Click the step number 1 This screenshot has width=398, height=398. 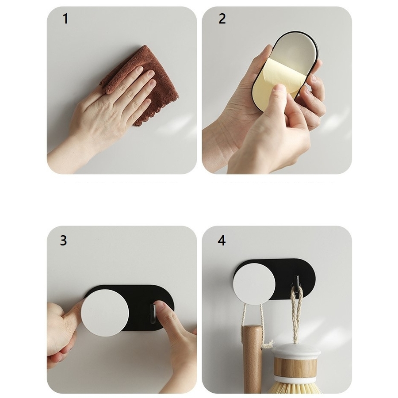(x=65, y=19)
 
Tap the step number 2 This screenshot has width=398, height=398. (x=222, y=19)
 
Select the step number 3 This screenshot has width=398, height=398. (x=63, y=241)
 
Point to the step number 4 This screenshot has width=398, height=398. (x=222, y=241)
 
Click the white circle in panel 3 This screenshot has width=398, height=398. (x=105, y=313)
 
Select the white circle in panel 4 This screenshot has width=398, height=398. (x=254, y=284)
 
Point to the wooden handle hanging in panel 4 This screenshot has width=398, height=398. (x=252, y=360)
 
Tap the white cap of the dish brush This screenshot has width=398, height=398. (x=296, y=352)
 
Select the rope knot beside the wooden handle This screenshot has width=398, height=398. (x=267, y=344)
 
